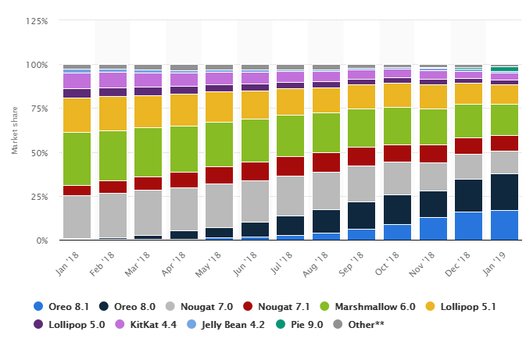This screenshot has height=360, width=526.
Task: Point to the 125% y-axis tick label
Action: (x=37, y=21)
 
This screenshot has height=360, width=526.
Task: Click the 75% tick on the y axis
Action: (x=39, y=109)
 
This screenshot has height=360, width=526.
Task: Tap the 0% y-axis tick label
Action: (x=41, y=241)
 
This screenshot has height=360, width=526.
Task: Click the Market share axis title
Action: (x=15, y=130)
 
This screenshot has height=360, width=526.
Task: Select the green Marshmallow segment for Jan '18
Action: (x=77, y=159)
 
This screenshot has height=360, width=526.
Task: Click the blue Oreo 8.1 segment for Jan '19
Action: (x=504, y=225)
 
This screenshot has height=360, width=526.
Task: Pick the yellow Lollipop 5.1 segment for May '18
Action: (x=219, y=107)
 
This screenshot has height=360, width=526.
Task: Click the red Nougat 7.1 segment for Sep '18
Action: (x=362, y=156)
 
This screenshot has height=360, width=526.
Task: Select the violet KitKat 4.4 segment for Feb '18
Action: (x=113, y=80)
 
